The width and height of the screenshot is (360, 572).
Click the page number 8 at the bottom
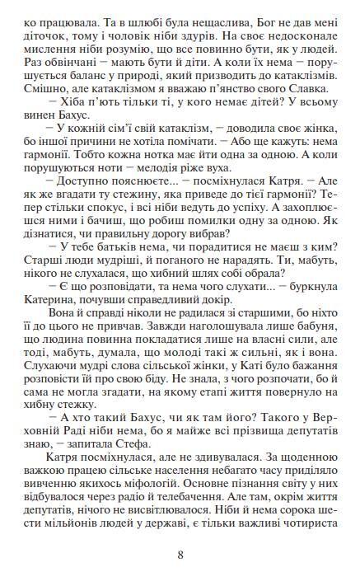click(x=180, y=554)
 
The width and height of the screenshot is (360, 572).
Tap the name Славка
click(x=314, y=90)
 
